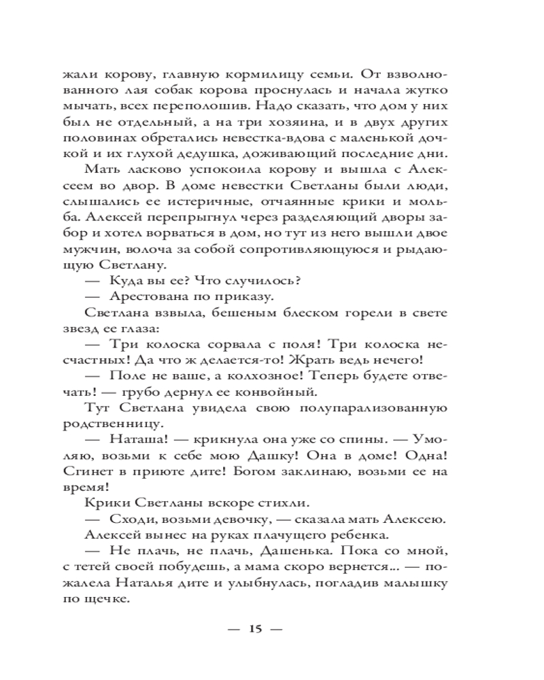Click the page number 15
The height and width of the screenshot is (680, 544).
[256, 628]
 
